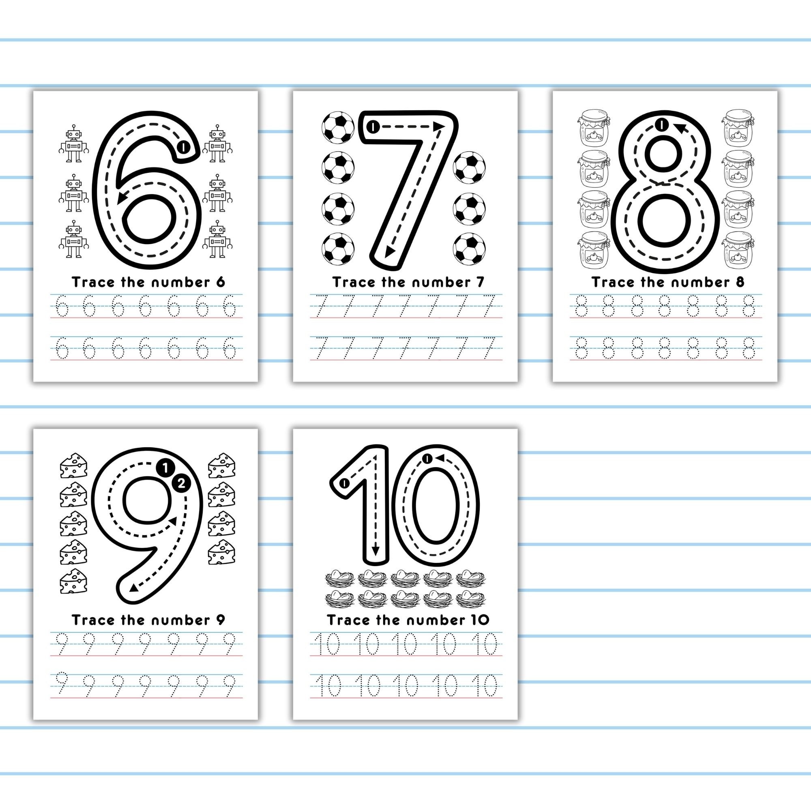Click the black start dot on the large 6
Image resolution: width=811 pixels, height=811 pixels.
183,147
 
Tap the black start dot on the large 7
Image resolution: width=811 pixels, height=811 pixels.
372,127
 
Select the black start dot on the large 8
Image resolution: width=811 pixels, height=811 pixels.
661,124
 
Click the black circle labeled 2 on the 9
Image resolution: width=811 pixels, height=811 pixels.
181,484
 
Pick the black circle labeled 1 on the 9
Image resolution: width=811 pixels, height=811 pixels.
165,468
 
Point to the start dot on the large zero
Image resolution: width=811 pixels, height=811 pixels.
427,458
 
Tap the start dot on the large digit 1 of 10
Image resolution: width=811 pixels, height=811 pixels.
344,484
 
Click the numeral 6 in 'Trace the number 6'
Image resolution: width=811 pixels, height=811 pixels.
220,282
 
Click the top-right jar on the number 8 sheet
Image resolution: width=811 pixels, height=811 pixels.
738,126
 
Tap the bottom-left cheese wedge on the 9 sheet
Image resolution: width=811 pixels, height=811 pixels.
73,582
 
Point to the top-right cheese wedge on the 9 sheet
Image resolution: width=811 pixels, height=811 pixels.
222,465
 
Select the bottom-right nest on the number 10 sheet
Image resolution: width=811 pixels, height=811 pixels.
470,598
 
